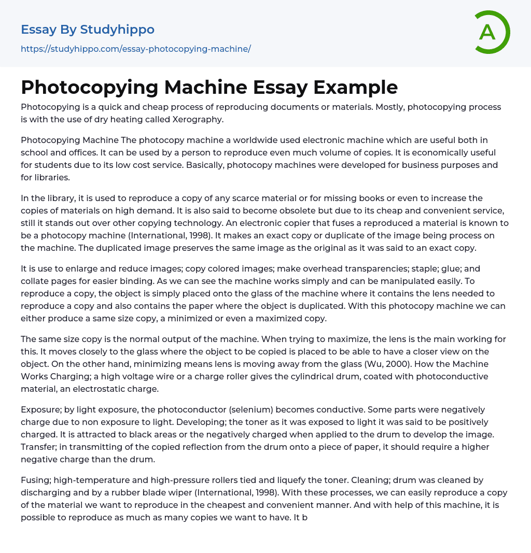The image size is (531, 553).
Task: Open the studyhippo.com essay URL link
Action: click(x=136, y=49)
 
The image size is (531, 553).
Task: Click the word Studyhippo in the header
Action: click(x=117, y=30)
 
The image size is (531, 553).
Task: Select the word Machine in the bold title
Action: click(x=207, y=87)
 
